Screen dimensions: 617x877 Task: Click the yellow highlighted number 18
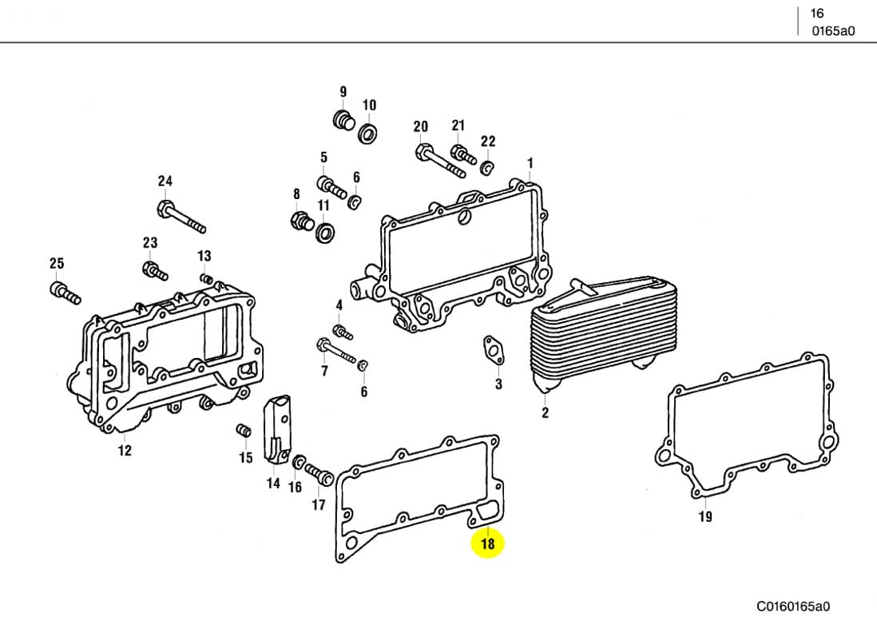click(488, 544)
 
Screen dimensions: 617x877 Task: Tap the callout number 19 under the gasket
click(705, 517)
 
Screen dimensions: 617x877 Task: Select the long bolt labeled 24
click(182, 217)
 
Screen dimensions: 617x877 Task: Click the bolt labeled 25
click(65, 293)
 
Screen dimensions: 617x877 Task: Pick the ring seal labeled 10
click(369, 133)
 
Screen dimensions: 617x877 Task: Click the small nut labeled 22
click(486, 168)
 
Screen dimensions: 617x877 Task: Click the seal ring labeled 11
click(325, 233)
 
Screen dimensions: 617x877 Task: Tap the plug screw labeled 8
click(301, 221)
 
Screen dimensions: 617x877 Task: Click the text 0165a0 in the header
click(832, 31)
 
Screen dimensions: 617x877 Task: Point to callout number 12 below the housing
click(125, 451)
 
